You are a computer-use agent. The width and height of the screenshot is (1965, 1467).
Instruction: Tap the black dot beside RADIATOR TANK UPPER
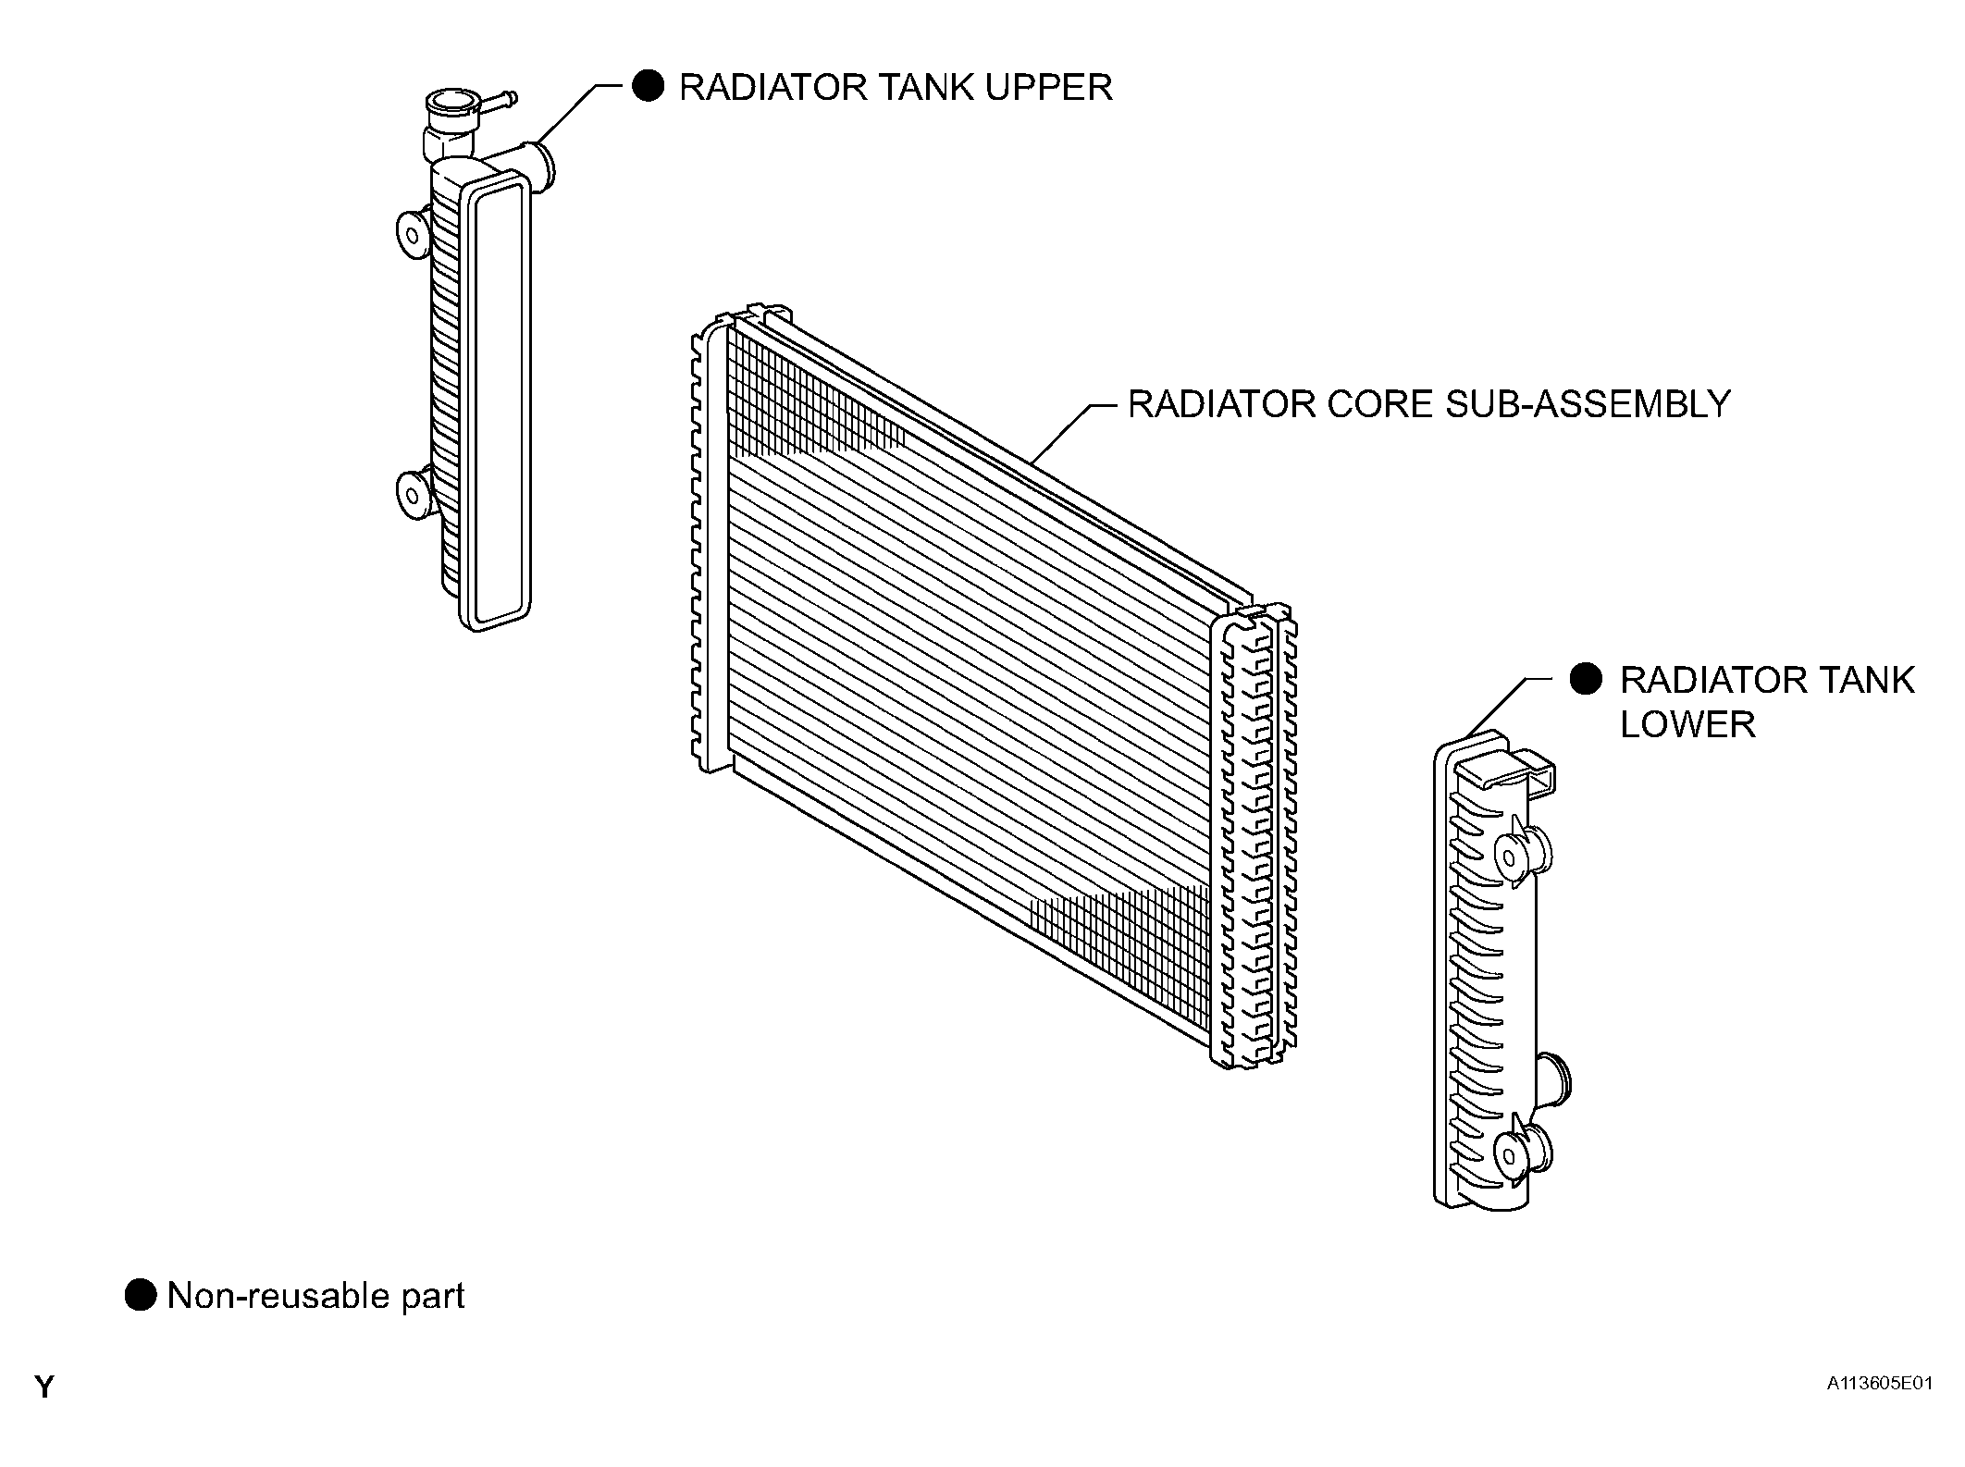[x=648, y=87]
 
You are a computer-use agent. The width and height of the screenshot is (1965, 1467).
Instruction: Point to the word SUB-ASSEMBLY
[x=1588, y=404]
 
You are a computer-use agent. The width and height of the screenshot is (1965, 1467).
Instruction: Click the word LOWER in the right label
[x=1687, y=724]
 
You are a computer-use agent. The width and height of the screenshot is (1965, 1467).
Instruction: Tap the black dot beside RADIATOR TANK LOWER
[x=1587, y=679]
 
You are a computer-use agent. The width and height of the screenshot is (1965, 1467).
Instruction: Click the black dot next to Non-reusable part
[x=141, y=1295]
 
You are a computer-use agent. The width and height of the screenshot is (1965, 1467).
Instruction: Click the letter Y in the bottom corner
[x=44, y=1387]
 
